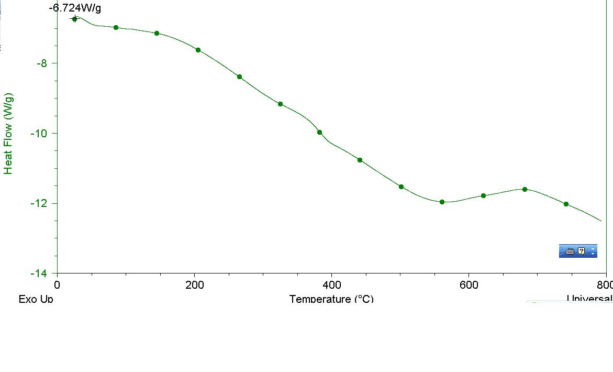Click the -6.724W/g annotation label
click(x=75, y=8)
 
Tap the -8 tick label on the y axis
click(x=41, y=63)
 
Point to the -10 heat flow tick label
click(x=39, y=133)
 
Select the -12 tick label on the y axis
click(x=39, y=203)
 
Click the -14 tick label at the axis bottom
click(x=39, y=273)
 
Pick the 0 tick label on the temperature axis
click(x=57, y=285)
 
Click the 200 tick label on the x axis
click(x=194, y=285)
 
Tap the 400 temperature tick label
click(x=331, y=285)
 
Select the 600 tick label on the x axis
click(x=469, y=285)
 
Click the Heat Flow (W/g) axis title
click(x=8, y=134)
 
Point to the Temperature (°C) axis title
click(x=331, y=299)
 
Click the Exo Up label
click(x=36, y=299)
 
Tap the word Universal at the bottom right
click(x=589, y=299)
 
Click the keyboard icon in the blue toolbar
click(x=570, y=251)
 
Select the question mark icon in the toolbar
click(x=581, y=251)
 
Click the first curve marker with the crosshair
click(x=74, y=19)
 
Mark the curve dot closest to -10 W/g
click(x=319, y=132)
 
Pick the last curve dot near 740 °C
click(x=566, y=204)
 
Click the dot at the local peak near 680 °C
click(x=525, y=189)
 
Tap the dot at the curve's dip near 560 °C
click(x=442, y=202)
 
